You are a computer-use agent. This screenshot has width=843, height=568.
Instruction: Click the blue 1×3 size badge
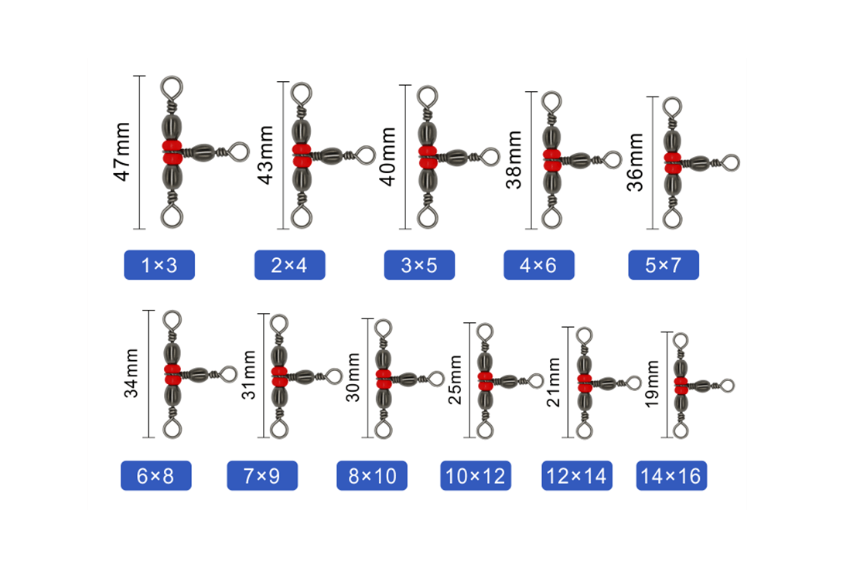coord(159,265)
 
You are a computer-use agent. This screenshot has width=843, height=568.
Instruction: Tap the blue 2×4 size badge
coord(290,265)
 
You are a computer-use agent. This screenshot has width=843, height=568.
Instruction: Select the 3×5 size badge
coord(419,265)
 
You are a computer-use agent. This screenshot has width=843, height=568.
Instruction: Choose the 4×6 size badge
coord(539,265)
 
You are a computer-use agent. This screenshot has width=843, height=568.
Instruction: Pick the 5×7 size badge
coord(664,265)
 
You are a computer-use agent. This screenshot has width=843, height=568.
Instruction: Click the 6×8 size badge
coord(156,475)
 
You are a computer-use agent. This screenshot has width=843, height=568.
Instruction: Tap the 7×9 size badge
coord(262,475)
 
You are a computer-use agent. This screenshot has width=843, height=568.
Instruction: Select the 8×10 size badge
coord(372,475)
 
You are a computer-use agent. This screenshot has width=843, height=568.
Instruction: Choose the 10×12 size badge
coord(476,475)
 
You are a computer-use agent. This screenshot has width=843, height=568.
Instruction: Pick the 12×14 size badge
coord(577,475)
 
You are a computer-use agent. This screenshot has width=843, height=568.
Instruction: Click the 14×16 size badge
coord(671,475)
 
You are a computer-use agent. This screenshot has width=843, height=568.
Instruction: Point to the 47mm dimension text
coord(122,151)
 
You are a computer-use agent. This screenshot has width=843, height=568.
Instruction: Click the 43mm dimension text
coord(265,155)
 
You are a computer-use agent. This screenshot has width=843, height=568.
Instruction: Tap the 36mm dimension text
coord(635,162)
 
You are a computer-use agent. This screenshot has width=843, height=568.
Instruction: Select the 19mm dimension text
coord(652,383)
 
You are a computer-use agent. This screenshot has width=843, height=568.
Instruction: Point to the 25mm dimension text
coord(455,380)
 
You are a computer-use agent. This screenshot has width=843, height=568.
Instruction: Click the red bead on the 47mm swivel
coord(172,152)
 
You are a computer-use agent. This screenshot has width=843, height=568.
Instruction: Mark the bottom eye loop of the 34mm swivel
coord(172,428)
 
